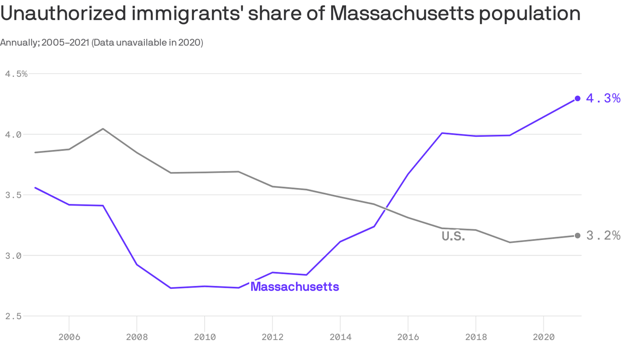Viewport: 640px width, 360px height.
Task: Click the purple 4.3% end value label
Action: tap(603, 98)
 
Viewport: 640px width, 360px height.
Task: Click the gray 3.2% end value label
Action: tap(603, 236)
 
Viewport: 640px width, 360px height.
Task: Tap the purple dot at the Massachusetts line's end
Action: tap(578, 98)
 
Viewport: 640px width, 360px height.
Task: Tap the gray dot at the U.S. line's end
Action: tap(578, 236)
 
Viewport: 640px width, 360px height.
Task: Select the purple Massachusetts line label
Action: tap(295, 286)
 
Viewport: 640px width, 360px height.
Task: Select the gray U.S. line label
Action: tap(453, 237)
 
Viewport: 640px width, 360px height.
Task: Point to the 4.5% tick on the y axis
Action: tap(16, 74)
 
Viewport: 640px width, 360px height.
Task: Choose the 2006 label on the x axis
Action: tap(69, 337)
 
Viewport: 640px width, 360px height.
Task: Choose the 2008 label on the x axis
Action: tap(137, 337)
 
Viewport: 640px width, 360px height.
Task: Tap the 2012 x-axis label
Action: tap(272, 337)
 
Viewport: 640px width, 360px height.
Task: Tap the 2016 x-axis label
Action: tap(408, 337)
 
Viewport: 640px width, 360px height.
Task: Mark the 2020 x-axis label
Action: tap(543, 337)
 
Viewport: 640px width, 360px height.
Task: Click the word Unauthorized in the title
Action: tap(63, 14)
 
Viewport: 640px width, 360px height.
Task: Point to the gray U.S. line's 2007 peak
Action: tap(103, 128)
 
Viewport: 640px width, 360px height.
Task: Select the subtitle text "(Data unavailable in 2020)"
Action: tap(147, 43)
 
